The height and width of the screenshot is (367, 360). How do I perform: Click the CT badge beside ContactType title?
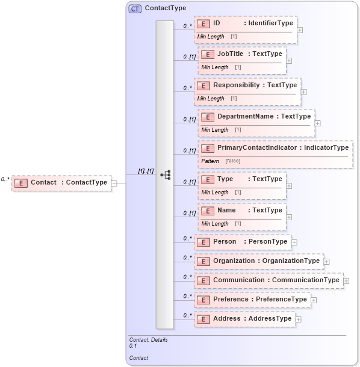coord(135,8)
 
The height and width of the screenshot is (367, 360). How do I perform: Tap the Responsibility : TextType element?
coord(247,85)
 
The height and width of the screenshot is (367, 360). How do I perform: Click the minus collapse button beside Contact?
coord(114,183)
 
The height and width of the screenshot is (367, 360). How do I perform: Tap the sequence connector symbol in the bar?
coord(165,174)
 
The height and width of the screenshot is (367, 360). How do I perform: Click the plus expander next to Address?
coord(299,319)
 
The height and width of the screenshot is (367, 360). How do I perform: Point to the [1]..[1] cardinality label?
coord(146,171)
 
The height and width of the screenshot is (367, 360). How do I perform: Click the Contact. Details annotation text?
coord(148,340)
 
